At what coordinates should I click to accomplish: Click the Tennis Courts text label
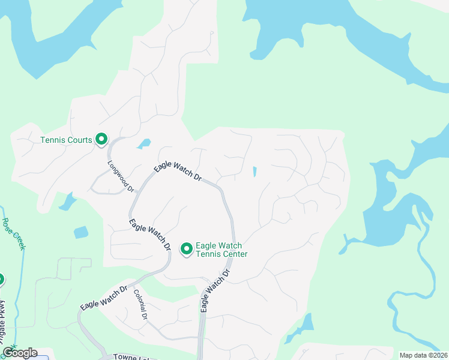tap(66, 140)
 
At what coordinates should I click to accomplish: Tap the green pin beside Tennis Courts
tap(101, 139)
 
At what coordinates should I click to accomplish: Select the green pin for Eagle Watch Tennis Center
tap(186, 248)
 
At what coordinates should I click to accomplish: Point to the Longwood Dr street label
tap(121, 176)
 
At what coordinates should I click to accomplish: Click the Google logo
tap(20, 353)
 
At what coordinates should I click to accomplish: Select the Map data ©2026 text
tap(423, 355)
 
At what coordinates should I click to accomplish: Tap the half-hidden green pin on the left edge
tap(1, 279)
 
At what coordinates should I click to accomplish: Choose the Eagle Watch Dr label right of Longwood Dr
tap(177, 172)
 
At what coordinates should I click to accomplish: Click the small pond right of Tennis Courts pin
tap(143, 144)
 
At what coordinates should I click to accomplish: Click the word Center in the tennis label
tap(234, 254)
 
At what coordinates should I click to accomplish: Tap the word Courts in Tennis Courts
tap(80, 140)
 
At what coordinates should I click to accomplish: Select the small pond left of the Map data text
tap(306, 324)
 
